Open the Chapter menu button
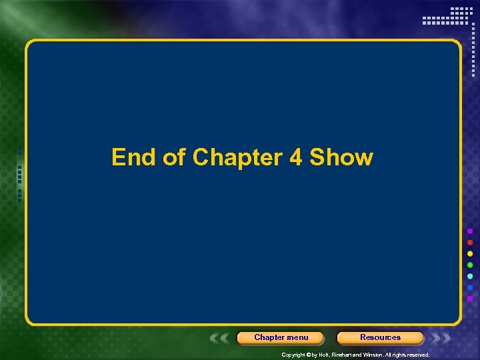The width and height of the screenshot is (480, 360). click(x=281, y=337)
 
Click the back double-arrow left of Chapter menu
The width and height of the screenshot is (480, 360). click(x=221, y=338)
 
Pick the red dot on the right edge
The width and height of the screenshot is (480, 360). click(x=470, y=242)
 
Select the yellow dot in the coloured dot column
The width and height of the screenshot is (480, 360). click(x=470, y=253)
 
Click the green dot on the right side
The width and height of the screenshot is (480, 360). click(x=470, y=265)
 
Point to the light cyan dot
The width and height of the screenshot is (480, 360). click(x=470, y=276)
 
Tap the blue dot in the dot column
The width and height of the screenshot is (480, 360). click(x=470, y=287)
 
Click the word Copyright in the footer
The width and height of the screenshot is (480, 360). click(x=293, y=355)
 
